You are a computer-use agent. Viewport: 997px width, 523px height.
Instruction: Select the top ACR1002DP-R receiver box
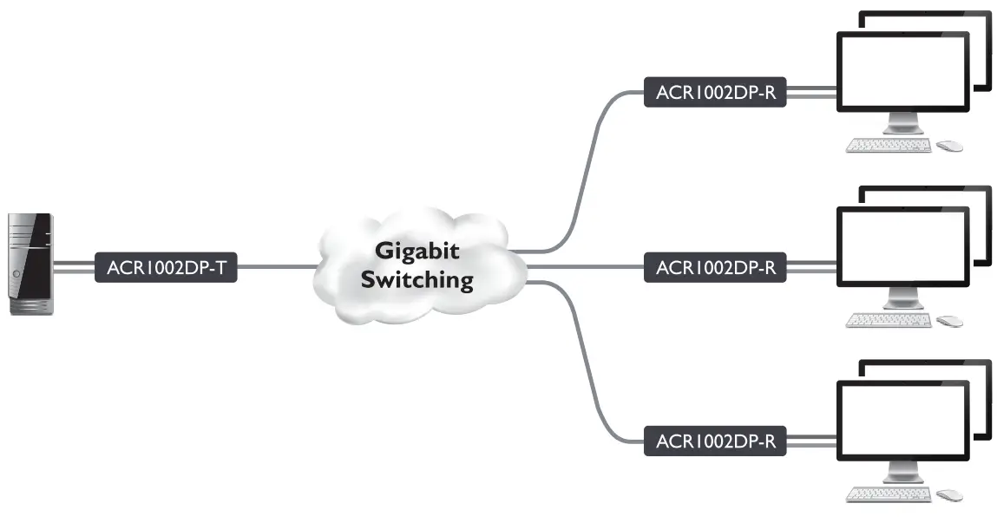(715, 93)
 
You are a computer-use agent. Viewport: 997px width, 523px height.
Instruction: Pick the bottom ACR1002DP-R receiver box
(715, 441)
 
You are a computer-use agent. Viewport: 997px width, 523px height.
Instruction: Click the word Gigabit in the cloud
(417, 251)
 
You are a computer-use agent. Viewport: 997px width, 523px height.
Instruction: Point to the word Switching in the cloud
(417, 280)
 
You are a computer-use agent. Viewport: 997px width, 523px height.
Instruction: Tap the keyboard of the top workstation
(889, 145)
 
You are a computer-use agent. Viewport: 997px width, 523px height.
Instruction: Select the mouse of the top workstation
(949, 146)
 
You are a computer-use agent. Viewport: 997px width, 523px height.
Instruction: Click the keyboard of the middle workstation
(889, 320)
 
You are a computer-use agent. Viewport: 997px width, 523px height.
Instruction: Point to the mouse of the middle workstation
(949, 321)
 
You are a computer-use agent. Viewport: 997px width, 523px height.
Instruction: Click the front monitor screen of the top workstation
(902, 71)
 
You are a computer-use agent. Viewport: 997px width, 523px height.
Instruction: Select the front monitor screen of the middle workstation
(902, 246)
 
